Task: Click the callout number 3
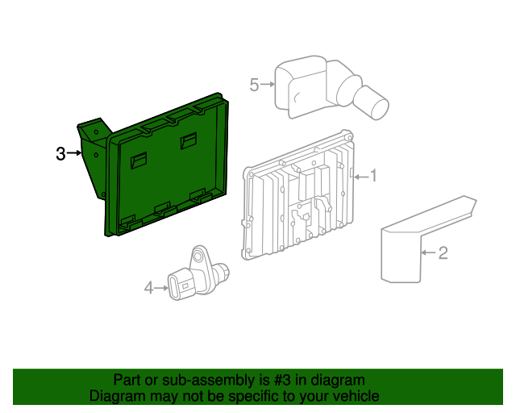60,153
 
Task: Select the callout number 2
442,253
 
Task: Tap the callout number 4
148,286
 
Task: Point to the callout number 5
255,84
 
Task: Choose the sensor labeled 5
322,85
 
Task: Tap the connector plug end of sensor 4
179,286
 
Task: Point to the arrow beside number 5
268,84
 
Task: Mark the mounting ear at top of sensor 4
197,255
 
